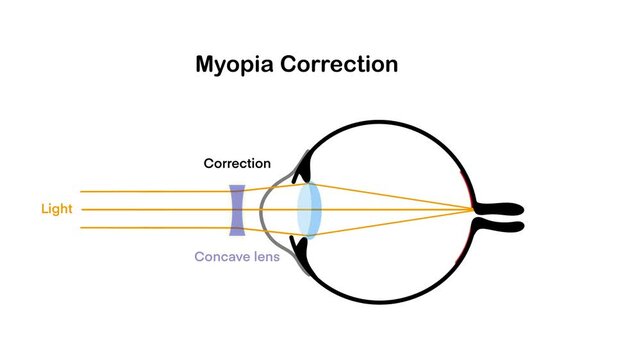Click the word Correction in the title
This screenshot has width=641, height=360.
coord(340,65)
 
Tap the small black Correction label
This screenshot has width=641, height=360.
coord(237,163)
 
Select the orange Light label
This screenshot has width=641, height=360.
coord(56,209)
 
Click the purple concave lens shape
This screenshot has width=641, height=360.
coord(237,210)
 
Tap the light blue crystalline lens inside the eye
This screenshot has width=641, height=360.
coord(309,210)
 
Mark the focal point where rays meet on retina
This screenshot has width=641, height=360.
coord(473,210)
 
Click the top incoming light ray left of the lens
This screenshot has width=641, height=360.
coord(150,191)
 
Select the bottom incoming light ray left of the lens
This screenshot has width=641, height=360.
coord(150,228)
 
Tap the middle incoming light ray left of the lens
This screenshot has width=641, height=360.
coord(150,210)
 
